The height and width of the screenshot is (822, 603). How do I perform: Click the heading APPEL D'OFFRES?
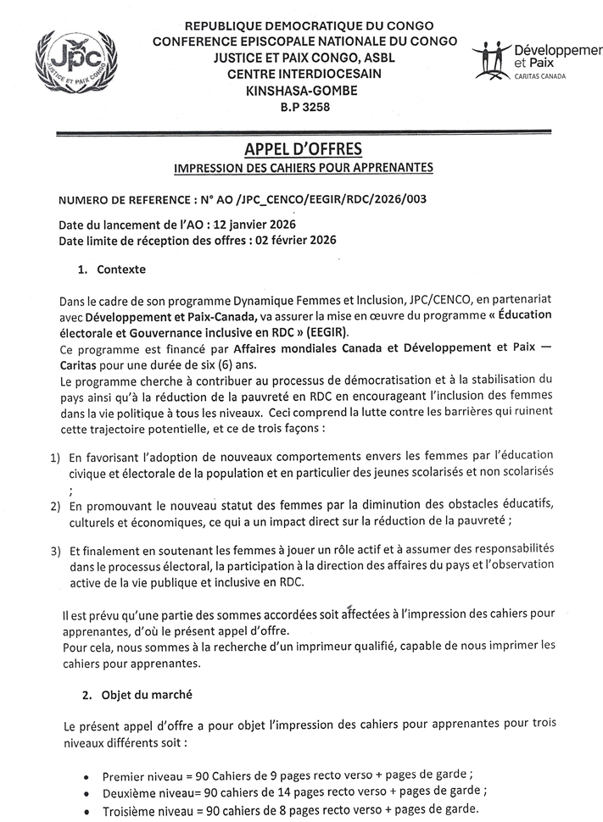click(303, 149)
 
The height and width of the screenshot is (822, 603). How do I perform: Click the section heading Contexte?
click(121, 269)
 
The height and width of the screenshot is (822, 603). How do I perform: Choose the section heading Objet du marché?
click(148, 695)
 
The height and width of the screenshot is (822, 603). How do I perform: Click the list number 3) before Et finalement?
click(55, 551)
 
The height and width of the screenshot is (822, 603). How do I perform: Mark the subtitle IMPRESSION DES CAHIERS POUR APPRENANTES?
click(303, 168)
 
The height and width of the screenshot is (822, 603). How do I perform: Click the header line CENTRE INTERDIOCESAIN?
click(304, 74)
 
